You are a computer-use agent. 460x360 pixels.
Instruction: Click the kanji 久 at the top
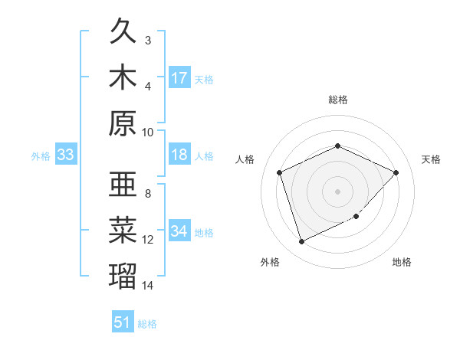[x=123, y=34]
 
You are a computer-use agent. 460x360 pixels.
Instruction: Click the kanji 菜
[x=123, y=229]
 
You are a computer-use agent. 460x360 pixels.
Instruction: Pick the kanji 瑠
[x=123, y=274]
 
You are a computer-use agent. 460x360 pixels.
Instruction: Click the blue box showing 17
[x=179, y=78]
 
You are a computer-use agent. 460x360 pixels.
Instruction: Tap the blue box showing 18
[x=179, y=155]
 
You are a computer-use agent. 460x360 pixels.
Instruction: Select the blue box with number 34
[x=179, y=232]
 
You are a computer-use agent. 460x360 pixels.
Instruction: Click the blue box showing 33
[x=65, y=155]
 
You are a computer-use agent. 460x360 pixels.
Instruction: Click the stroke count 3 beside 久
[x=148, y=40]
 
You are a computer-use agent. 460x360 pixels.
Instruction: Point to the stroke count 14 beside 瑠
[x=148, y=286]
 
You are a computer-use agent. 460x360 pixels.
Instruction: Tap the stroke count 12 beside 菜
[x=148, y=240]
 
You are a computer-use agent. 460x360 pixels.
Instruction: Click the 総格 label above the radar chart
[x=338, y=100]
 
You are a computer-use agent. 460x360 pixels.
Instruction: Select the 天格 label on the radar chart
[x=431, y=159]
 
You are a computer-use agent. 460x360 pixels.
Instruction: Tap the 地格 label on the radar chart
[x=402, y=262]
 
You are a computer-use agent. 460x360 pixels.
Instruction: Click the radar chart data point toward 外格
[x=301, y=242]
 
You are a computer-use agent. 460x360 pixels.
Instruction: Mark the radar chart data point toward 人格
[x=280, y=172]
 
